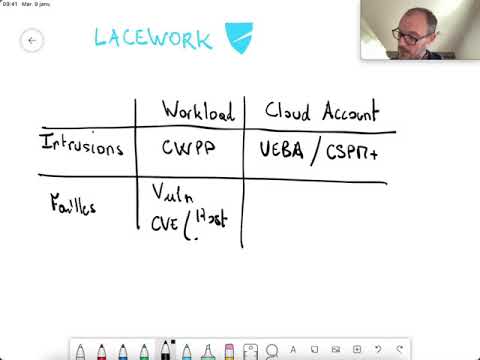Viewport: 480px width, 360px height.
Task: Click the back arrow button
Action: (32, 41)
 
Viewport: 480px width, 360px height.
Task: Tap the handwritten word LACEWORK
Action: (153, 39)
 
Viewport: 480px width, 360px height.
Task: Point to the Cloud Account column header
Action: (321, 112)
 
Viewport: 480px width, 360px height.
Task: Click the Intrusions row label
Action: (82, 146)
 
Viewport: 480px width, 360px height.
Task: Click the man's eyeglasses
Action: (410, 34)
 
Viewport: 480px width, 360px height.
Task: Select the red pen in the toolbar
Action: (102, 351)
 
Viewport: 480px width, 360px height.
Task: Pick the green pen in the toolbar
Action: (143, 351)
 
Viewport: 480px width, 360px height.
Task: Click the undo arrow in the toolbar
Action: (377, 350)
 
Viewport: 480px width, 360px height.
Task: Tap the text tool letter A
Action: (293, 350)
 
